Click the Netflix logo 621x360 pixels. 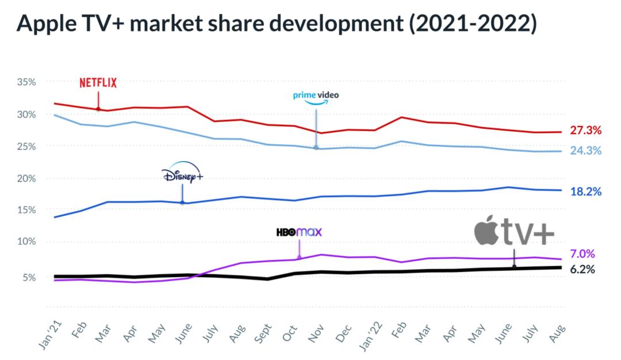point(98,83)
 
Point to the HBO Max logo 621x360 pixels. point(299,232)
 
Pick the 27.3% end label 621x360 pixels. point(585,131)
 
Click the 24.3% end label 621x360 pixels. point(585,151)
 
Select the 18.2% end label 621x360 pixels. point(585,191)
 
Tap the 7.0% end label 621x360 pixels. point(582,254)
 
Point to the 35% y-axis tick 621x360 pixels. point(26,82)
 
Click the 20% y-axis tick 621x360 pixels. point(26,178)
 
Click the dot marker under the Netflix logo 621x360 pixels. point(98,109)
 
